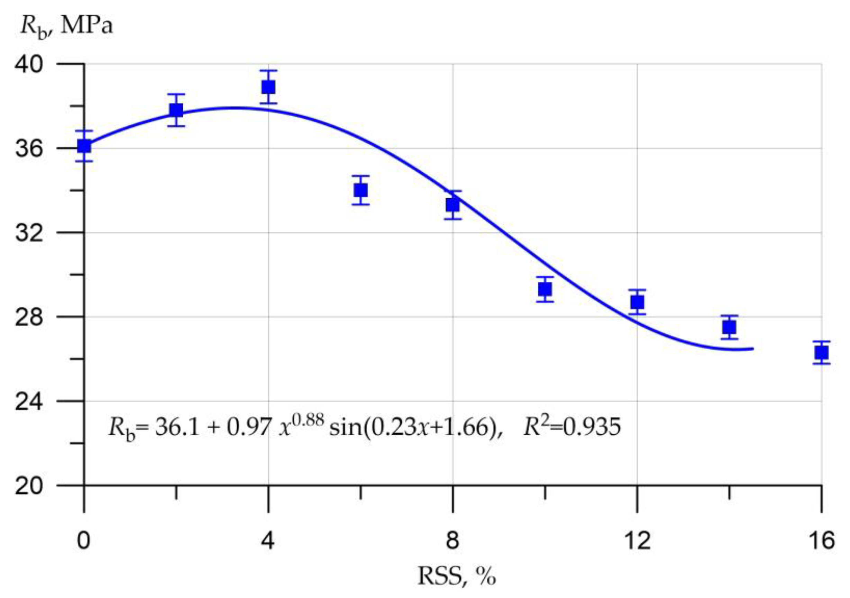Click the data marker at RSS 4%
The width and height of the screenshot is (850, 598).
tap(268, 88)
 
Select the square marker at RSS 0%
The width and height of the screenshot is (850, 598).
tap(84, 146)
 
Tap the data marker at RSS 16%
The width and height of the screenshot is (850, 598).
tap(822, 353)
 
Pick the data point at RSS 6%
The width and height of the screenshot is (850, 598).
tap(360, 190)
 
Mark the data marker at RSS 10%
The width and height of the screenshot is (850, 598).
tap(545, 289)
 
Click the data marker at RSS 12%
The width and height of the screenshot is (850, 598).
tap(637, 302)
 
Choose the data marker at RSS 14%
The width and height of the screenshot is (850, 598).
tap(729, 327)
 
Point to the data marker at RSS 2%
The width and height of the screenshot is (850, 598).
tap(176, 110)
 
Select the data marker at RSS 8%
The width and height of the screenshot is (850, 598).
tap(453, 205)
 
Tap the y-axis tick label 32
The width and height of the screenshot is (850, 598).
tap(29, 233)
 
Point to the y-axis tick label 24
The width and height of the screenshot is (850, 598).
tap(29, 401)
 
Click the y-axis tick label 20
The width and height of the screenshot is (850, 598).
tap(29, 486)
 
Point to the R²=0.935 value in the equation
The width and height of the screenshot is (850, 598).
tap(572, 427)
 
